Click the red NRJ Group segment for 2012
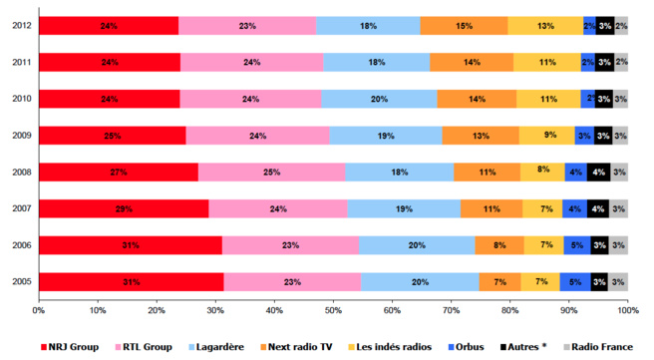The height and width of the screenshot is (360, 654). coord(108,26)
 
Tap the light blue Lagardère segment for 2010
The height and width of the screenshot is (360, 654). coord(379,99)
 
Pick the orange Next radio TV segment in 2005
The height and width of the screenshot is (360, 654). coord(499,282)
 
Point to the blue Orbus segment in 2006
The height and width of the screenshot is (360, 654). coord(576,245)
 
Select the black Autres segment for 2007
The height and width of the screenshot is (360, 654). coord(598,209)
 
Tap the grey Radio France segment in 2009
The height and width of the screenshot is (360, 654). coord(620,136)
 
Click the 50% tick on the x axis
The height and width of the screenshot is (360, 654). coord(333,311)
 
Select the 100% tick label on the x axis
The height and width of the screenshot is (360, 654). coord(627,311)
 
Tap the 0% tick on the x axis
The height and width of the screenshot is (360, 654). coord(39,311)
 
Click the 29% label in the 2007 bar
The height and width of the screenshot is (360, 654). coord(122,209)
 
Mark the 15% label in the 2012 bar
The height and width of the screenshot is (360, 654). coord(464,26)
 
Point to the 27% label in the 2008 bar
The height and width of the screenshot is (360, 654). coord(118,173)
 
